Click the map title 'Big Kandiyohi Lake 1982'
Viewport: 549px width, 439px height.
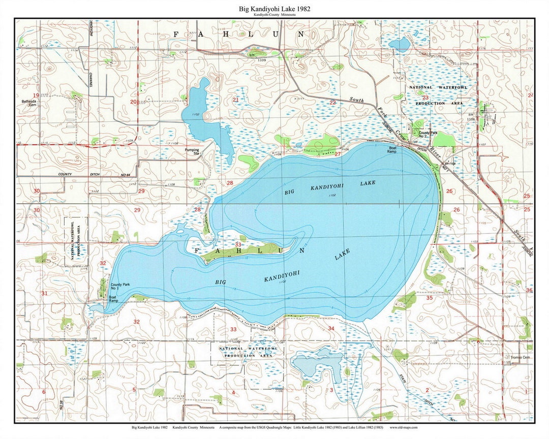click(274, 9)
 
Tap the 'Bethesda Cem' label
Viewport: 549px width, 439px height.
click(29, 103)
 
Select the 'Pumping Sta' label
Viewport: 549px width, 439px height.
click(192, 151)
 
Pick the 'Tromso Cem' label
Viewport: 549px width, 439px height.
click(521, 357)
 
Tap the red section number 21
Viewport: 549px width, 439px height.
click(235, 100)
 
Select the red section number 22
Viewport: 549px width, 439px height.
click(332, 103)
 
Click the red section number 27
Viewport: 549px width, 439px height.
click(338, 154)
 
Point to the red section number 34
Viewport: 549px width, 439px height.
click(331, 329)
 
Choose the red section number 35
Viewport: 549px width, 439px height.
click(429, 298)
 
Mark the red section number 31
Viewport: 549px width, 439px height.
click(44, 294)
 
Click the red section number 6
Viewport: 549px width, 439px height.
click(44, 392)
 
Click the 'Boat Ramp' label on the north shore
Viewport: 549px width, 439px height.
click(392, 150)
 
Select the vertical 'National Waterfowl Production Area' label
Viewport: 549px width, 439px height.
click(76, 241)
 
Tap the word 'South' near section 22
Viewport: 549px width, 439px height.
click(357, 101)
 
